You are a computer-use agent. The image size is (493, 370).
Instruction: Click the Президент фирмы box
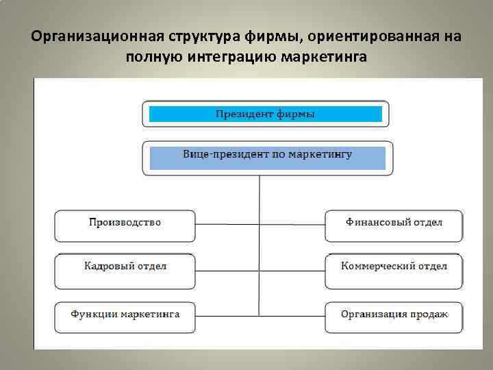pos(265,114)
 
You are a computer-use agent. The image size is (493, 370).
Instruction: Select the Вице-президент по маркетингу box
pos(267,158)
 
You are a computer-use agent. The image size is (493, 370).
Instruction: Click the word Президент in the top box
pos(244,114)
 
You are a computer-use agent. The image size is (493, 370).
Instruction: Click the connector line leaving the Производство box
pos(226,224)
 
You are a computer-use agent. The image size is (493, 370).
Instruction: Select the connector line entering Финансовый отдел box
pos(292,224)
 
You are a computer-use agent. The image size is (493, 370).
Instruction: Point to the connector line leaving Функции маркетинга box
pos(226,316)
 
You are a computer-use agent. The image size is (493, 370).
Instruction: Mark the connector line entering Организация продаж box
pos(292,316)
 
